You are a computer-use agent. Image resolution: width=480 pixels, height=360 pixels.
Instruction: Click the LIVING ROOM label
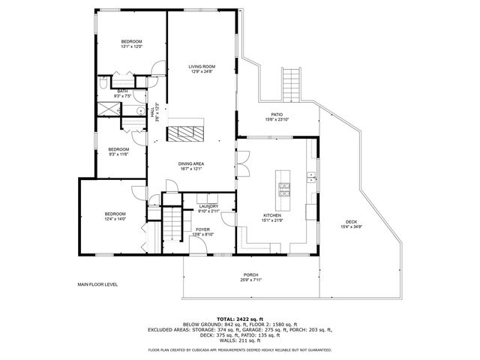tap(202, 67)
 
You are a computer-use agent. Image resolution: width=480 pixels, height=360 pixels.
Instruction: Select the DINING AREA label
tap(191, 163)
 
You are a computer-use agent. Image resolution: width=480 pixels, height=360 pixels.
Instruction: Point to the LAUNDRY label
tap(208, 206)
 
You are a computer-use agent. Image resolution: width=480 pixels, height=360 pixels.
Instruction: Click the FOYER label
tap(203, 229)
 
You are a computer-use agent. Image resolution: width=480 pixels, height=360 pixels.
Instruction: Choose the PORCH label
tap(250, 275)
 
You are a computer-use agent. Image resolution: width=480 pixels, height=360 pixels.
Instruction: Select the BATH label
tap(121, 91)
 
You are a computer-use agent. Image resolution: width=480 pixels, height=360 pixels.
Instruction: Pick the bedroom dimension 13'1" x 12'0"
tap(131, 46)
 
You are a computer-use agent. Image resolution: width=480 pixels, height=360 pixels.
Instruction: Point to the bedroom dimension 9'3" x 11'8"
tap(118, 154)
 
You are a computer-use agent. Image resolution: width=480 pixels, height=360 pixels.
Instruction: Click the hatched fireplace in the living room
tap(184, 134)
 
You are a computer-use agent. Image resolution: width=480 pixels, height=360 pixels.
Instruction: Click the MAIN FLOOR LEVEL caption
tap(98, 285)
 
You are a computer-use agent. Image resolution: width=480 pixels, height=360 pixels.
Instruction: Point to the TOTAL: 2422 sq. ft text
tap(239, 319)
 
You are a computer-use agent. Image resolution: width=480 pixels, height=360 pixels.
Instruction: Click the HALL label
tap(155, 112)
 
